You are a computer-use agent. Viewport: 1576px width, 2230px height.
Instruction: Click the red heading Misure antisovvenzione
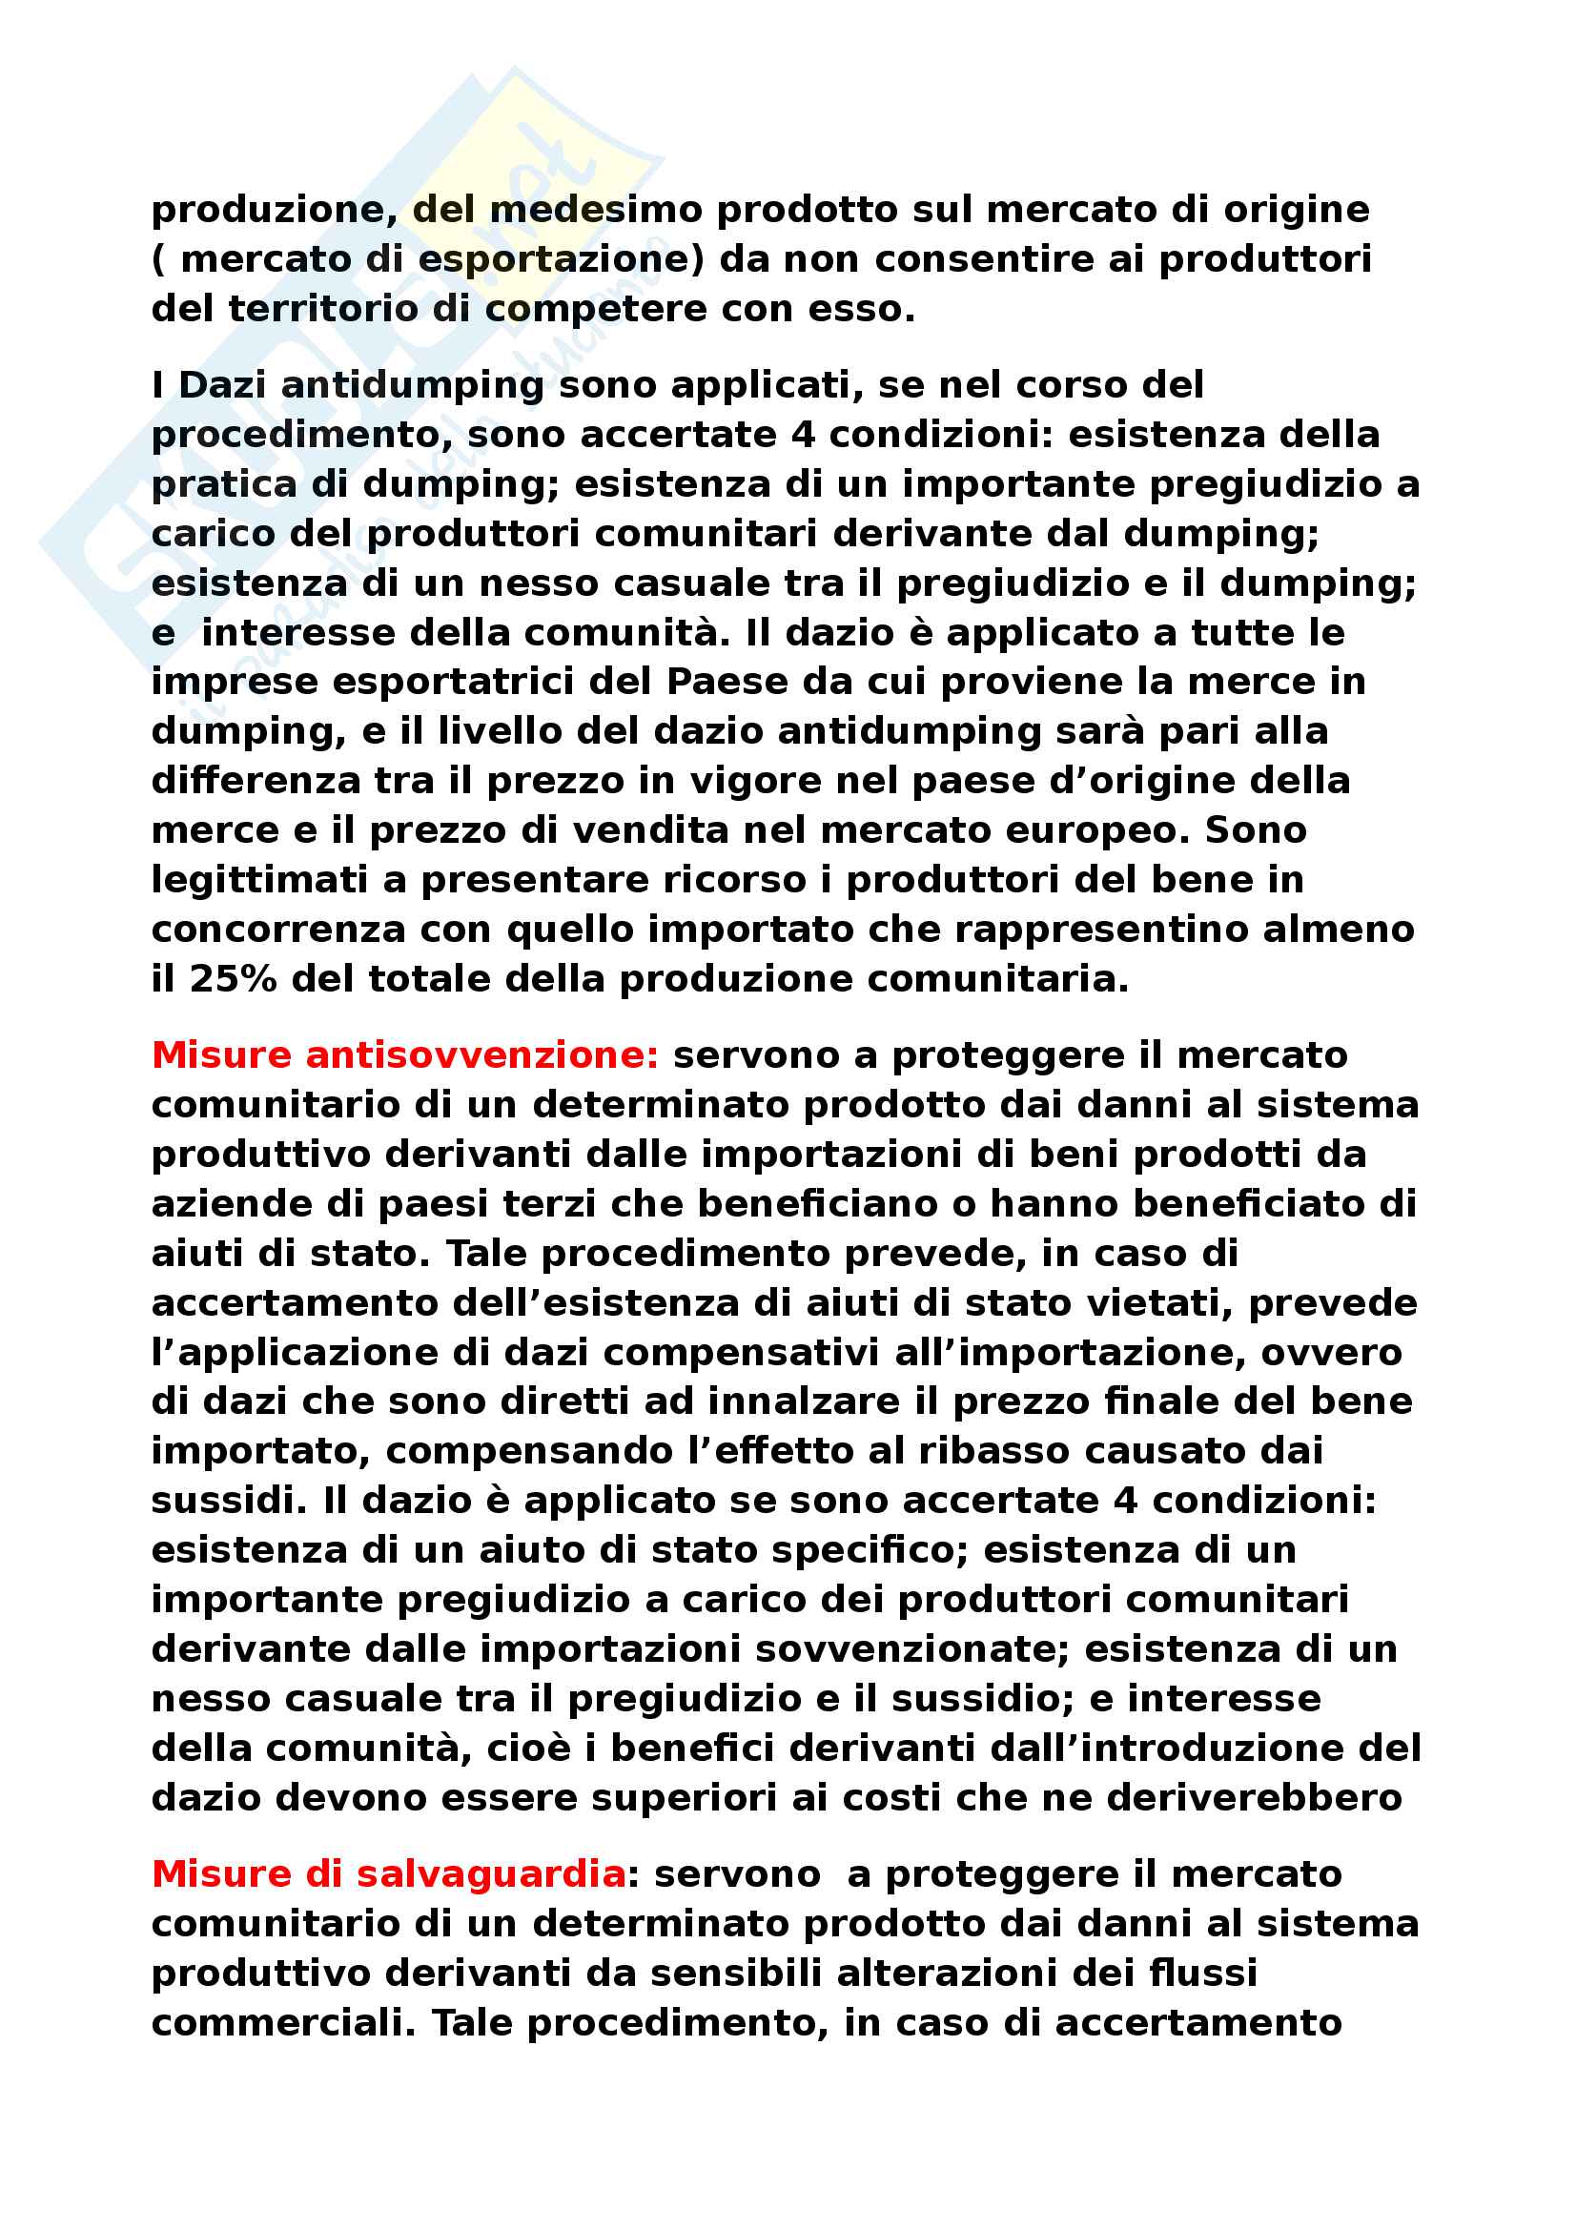(405, 1054)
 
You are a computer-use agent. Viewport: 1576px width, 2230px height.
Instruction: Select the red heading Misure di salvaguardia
(388, 1873)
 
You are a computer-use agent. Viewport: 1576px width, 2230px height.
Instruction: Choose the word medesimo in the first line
(596, 210)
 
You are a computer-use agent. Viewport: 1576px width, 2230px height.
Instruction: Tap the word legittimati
(259, 880)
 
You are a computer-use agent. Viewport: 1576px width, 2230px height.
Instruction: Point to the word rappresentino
(1099, 930)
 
